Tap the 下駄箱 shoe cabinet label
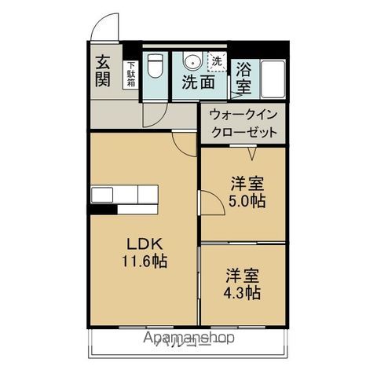tap(130, 75)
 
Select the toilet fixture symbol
tap(156, 66)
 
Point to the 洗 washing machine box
tap(214, 60)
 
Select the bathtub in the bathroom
tap(272, 77)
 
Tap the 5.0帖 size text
tap(247, 201)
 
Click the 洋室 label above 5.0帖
tap(247, 184)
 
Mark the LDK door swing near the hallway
tap(182, 141)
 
